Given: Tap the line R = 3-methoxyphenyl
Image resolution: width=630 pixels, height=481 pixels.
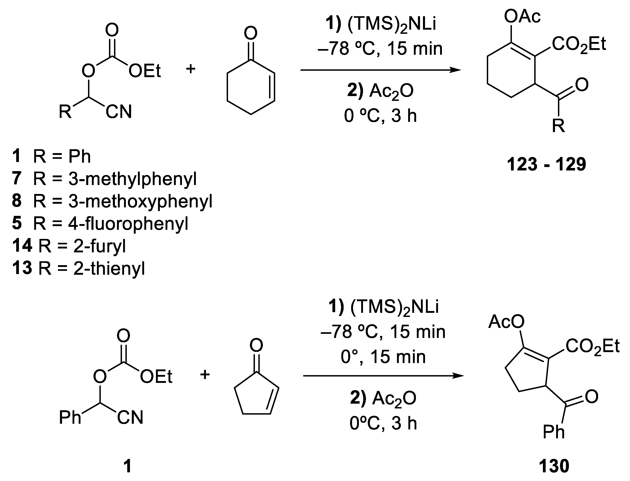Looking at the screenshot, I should point(112,201).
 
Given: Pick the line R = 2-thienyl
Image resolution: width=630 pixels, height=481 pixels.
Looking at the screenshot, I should point(78,269).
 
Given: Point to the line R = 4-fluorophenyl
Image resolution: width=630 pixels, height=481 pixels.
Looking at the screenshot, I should point(100,224).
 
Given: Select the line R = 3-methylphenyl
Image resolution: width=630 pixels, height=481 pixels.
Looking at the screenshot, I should point(104,179).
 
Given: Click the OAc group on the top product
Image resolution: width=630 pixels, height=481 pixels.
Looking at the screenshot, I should point(522,16).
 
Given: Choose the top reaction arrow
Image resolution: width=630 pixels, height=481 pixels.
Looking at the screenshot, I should point(381,70).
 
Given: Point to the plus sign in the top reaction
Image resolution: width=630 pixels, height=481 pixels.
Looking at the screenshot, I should point(191,69).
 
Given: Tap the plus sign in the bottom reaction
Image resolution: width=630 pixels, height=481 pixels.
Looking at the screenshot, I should point(205,374).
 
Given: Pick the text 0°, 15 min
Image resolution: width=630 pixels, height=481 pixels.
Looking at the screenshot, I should point(383,357).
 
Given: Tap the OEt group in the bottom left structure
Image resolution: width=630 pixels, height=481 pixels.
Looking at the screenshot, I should point(156,377).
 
